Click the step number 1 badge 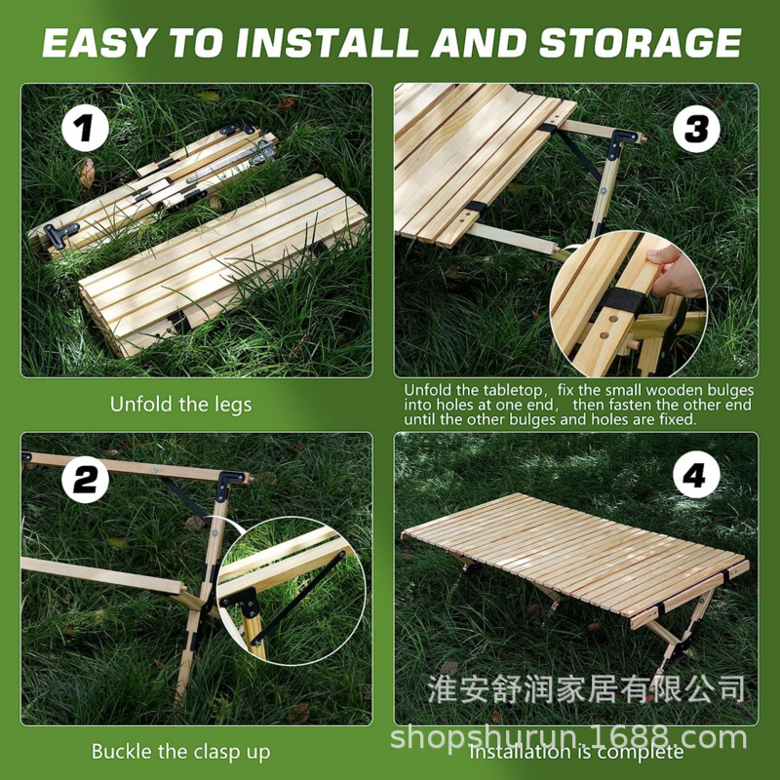point(85,128)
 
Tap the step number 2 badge point(85,480)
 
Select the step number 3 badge point(696,129)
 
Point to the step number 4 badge point(696,475)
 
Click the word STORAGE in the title point(641,42)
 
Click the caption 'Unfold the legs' point(180,404)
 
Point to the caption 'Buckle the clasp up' point(180,751)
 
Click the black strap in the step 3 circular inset point(622,301)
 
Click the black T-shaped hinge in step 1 point(59,234)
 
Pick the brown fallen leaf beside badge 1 point(87,173)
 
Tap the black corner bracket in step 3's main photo point(620,141)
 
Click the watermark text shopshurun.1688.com point(568,737)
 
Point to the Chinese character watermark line point(587,689)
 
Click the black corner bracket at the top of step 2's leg point(230,484)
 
